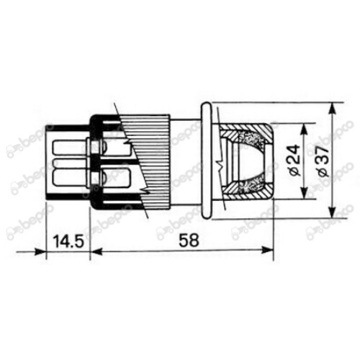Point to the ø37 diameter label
coord(321,161)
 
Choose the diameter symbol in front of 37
coord(321,175)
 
